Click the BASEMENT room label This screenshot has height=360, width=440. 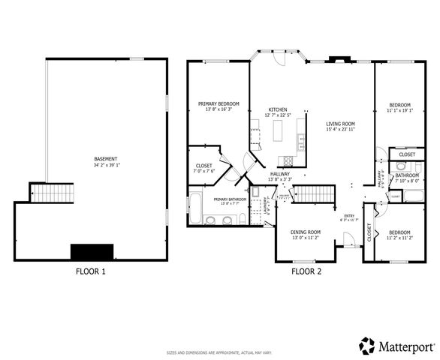coord(105,158)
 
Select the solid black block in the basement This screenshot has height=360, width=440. coord(91,251)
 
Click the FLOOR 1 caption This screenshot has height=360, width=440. coord(91,271)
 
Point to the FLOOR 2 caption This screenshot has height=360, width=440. coord(306,271)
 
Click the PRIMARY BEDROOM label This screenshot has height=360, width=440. coord(218,103)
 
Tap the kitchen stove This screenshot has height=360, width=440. coord(286,160)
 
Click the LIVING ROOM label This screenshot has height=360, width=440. coord(340,124)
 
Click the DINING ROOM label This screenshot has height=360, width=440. coord(306,232)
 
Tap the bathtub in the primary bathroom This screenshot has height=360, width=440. coord(194,208)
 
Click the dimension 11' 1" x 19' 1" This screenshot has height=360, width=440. coord(399,110)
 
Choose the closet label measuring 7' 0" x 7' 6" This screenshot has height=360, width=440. coord(204,170)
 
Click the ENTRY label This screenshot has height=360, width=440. coord(349,215)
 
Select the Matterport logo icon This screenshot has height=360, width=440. coord(367,346)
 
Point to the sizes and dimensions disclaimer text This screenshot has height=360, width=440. coord(219,351)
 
